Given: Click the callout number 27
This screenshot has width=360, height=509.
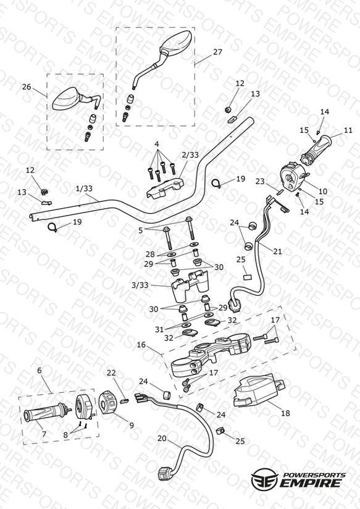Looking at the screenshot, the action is [217, 52].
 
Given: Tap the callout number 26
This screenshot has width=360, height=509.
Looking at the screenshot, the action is [27, 86].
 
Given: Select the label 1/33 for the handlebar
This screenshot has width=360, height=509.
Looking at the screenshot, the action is [84, 188].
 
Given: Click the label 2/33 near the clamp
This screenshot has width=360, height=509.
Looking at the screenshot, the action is [190, 155].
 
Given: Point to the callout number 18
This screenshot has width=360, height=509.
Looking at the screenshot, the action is [285, 413].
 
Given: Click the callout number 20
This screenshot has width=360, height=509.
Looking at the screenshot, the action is [162, 439].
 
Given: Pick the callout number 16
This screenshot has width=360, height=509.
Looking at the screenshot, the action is [141, 345].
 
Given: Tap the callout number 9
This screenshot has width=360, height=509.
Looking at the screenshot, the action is [132, 425].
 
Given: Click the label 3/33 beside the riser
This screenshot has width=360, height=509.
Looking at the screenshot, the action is [140, 285].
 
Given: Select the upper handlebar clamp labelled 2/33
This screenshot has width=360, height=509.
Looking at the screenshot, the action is [165, 188].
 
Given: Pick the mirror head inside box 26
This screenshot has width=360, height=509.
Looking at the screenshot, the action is [66, 99].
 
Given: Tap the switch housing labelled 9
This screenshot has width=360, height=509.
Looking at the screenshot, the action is [107, 403].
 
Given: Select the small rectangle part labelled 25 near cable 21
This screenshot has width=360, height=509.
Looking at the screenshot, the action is [248, 277].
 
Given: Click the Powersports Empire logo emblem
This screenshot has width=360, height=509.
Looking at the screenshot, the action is [264, 481].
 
